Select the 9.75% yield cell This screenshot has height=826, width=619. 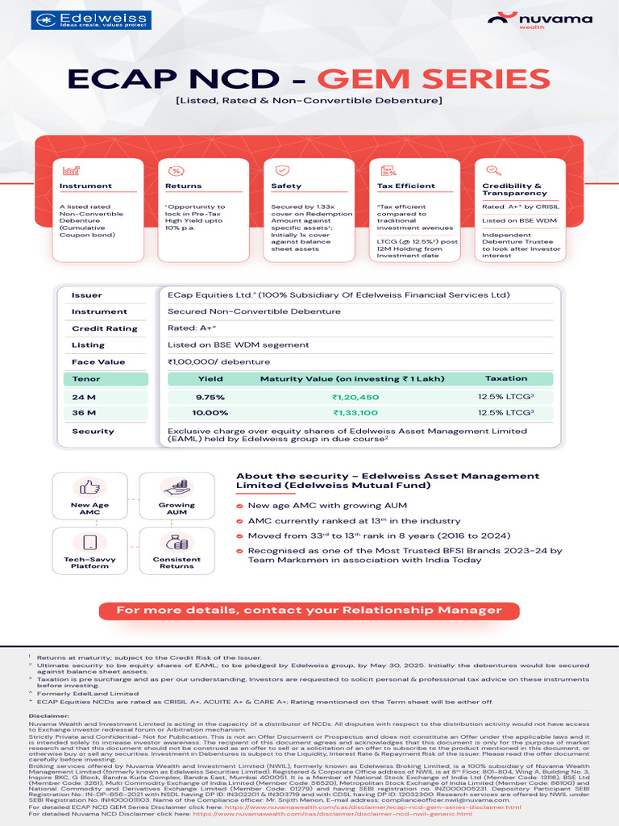coord(210,397)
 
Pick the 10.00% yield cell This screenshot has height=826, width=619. coord(210,413)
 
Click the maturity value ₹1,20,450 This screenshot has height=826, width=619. coord(355,397)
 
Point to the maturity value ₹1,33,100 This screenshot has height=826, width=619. coord(355,413)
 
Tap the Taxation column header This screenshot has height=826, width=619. coord(506,378)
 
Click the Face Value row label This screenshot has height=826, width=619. coord(98,362)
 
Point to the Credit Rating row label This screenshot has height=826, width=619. coord(105,328)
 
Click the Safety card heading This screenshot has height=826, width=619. coord(286,186)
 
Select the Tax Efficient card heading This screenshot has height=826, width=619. coord(406,186)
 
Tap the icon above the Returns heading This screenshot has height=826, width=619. coord(175,171)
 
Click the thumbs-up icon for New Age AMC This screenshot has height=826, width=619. coord(89,487)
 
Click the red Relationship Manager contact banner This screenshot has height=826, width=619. coord(309,610)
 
